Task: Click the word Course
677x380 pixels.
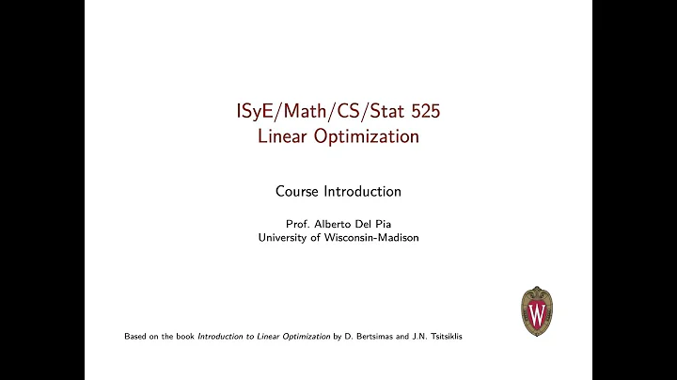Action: coord(298,191)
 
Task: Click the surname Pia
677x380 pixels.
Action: coord(382,224)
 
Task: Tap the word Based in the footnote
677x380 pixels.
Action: coord(137,336)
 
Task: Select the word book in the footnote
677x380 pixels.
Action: coord(184,336)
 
